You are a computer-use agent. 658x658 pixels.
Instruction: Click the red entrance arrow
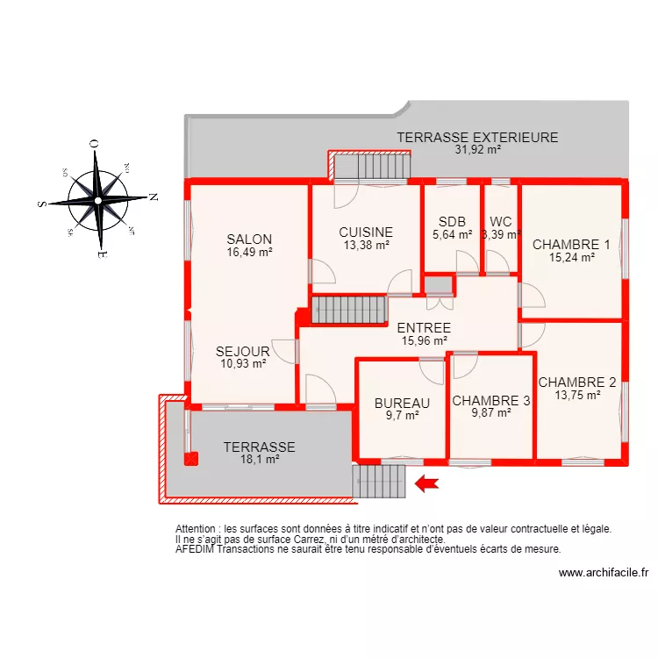click(426, 483)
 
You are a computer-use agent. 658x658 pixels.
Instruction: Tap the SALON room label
click(249, 239)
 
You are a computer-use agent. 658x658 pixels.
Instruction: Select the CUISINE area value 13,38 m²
click(366, 246)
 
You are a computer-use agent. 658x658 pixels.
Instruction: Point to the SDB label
click(453, 222)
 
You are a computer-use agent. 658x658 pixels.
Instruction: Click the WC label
click(501, 222)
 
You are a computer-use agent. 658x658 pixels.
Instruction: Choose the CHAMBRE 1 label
click(571, 245)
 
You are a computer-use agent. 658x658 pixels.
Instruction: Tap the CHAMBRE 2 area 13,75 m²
click(577, 396)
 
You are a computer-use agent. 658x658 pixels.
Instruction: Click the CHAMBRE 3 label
click(491, 401)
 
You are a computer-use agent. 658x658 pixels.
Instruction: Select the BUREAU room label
click(402, 404)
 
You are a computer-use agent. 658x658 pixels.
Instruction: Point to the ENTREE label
click(424, 328)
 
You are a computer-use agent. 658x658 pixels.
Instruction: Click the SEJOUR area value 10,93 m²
click(243, 364)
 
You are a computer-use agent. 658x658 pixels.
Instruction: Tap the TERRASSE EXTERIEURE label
click(477, 138)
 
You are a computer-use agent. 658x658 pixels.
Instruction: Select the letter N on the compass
click(153, 197)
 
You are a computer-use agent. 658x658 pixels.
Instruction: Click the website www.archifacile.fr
click(603, 573)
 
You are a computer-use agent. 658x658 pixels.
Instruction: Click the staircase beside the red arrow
click(379, 481)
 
